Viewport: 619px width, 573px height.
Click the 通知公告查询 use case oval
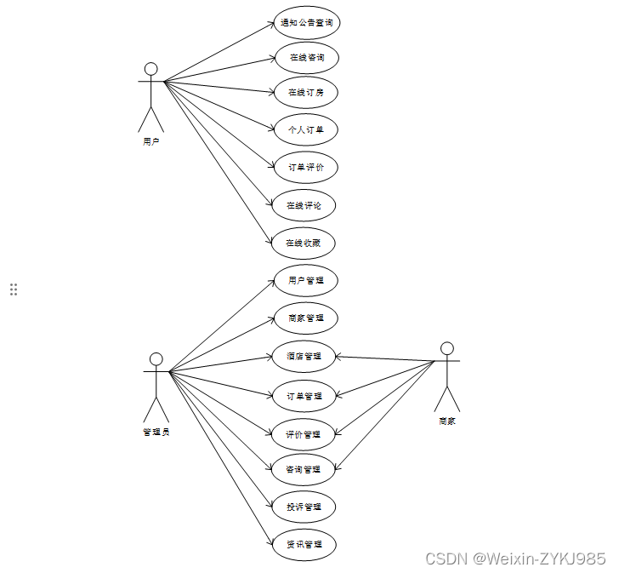click(306, 23)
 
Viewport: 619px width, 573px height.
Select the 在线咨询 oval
click(306, 58)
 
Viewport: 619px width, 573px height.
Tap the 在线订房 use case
click(306, 92)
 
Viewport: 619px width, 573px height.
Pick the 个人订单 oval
click(306, 129)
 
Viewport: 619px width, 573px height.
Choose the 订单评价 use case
click(306, 167)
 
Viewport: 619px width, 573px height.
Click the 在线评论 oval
click(304, 205)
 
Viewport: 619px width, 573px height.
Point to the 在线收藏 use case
click(304, 243)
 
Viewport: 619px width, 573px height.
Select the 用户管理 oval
click(306, 280)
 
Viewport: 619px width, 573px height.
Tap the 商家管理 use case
click(305, 318)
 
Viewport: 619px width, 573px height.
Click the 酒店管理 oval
click(304, 356)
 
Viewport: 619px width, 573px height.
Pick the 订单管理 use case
click(304, 396)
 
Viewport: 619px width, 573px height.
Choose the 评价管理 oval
click(304, 434)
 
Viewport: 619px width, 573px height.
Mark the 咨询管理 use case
click(304, 469)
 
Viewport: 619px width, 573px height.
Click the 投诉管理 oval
click(304, 507)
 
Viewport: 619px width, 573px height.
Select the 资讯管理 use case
click(304, 544)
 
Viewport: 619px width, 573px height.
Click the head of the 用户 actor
click(151, 69)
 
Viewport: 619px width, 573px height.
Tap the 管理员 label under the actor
click(156, 432)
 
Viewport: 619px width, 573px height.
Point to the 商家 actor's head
click(447, 348)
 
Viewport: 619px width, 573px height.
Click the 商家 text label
click(447, 421)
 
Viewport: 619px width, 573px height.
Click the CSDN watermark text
click(515, 559)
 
